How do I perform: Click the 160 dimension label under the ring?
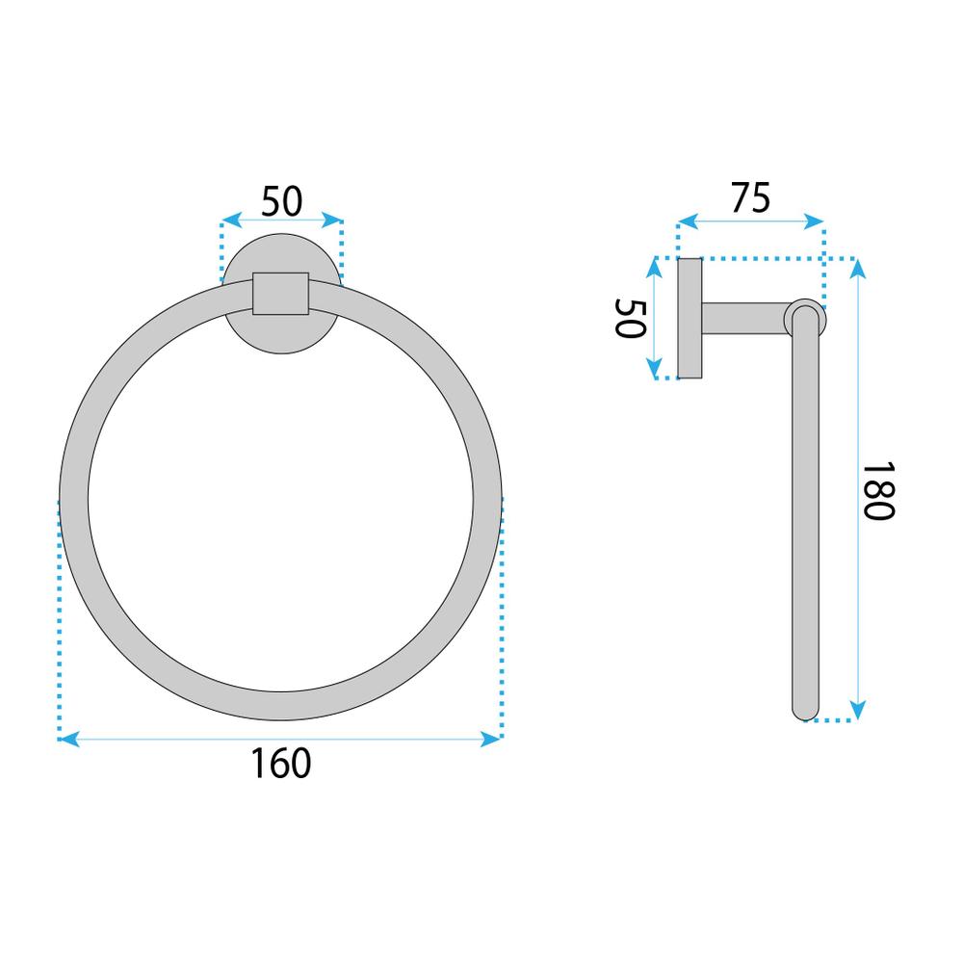click(x=281, y=764)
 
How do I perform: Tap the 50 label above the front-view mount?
click(x=282, y=201)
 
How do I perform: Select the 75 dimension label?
click(x=750, y=197)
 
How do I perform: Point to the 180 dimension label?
click(x=877, y=488)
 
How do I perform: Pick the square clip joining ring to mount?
click(x=280, y=293)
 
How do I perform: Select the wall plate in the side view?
click(x=690, y=318)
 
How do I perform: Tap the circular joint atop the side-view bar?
click(x=804, y=317)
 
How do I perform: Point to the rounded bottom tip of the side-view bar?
click(x=804, y=711)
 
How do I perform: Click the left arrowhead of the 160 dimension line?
click(x=65, y=739)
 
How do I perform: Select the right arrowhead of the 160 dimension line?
click(x=496, y=739)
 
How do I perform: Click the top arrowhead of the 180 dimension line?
click(x=857, y=266)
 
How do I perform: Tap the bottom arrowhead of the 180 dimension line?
click(x=857, y=713)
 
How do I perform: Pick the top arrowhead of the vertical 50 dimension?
click(x=654, y=265)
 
